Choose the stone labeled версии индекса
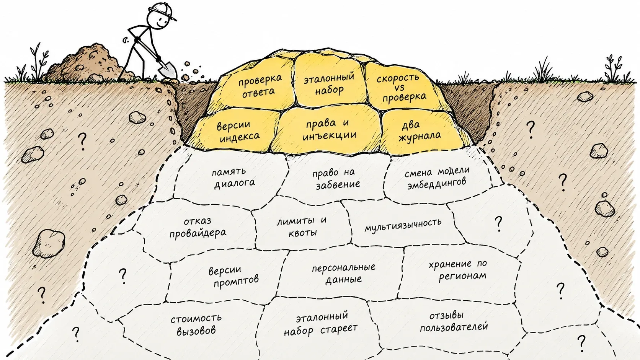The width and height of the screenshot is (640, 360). [x=237, y=131]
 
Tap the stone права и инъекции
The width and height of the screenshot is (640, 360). [x=328, y=130]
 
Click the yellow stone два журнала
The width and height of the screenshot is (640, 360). [x=420, y=131]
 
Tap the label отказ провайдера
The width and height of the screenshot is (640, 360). [x=198, y=227]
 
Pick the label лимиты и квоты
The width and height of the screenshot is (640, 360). [x=301, y=227]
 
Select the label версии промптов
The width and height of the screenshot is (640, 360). [x=233, y=274]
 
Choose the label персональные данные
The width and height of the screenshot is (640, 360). [x=343, y=273]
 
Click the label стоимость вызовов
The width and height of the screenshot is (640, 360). [x=196, y=324]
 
